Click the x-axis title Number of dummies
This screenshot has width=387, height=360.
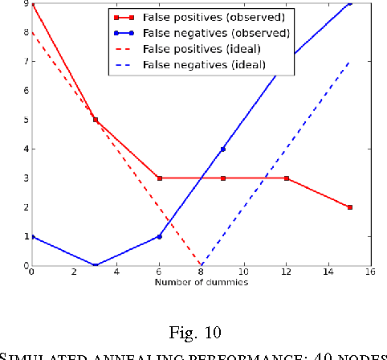click(x=201, y=282)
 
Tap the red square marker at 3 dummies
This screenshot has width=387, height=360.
click(x=96, y=120)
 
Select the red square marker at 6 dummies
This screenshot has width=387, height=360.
click(x=159, y=178)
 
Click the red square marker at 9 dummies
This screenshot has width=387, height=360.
click(x=222, y=178)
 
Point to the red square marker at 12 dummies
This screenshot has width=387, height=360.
click(x=287, y=178)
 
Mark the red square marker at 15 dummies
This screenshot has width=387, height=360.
click(x=350, y=207)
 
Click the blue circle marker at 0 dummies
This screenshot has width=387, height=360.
click(x=32, y=236)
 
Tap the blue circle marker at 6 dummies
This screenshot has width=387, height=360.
click(x=159, y=236)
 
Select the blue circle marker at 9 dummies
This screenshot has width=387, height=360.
click(x=222, y=149)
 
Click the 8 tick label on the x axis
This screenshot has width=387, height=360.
click(x=202, y=272)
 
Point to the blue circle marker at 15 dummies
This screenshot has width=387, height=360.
click(x=350, y=3)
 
